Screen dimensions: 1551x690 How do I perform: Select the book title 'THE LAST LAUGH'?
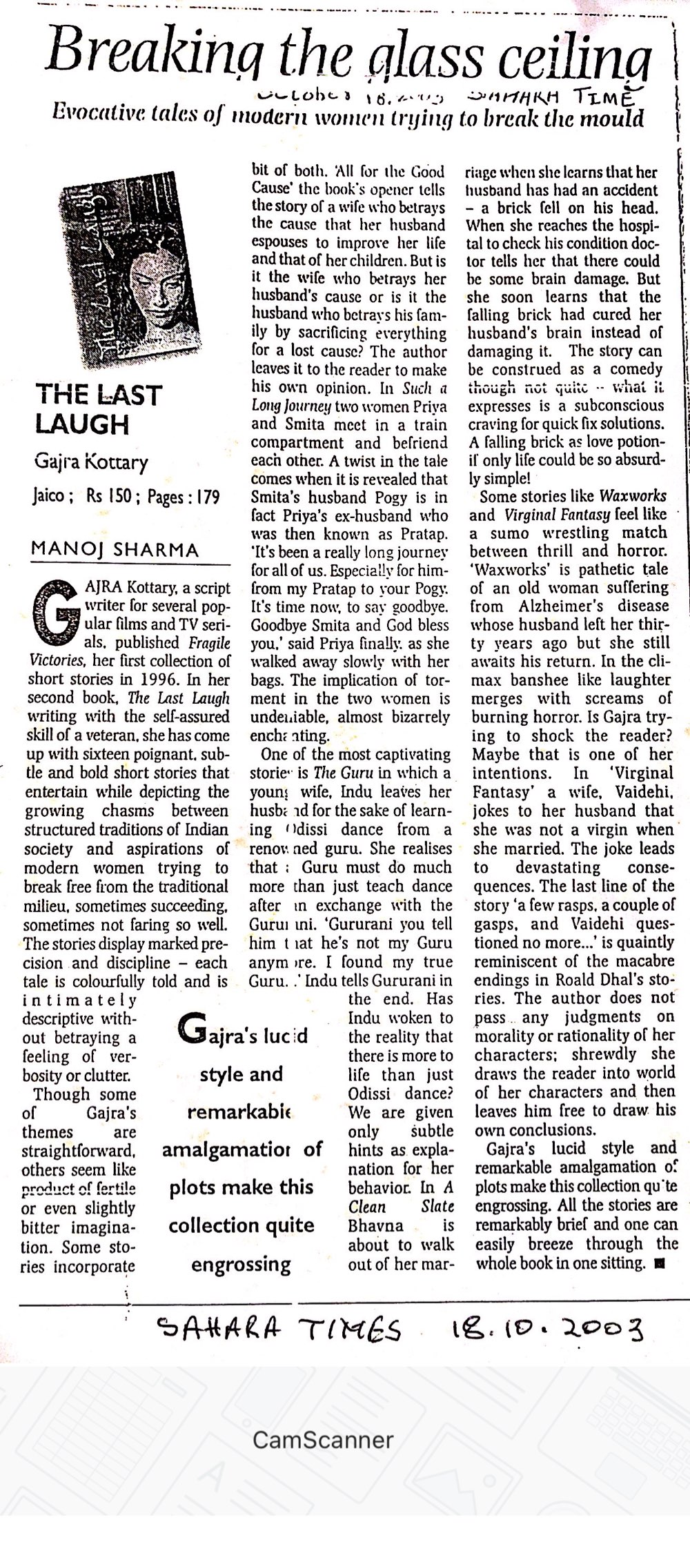pyautogui.click(x=98, y=409)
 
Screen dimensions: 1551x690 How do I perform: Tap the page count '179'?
pyautogui.click(x=206, y=496)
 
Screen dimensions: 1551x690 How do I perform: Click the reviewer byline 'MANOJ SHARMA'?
pyautogui.click(x=115, y=550)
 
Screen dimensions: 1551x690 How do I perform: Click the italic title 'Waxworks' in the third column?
pyautogui.click(x=633, y=496)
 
